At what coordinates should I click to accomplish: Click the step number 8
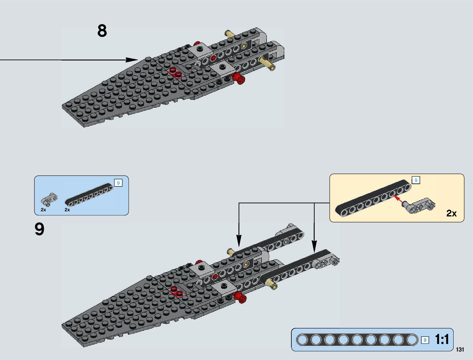(x=102, y=31)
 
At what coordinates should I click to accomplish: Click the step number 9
(x=40, y=229)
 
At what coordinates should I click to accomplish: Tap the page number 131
(x=460, y=350)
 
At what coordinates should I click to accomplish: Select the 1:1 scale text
(x=442, y=339)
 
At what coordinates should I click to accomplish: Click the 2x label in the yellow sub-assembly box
(x=451, y=213)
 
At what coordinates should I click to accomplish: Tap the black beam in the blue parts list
(x=89, y=194)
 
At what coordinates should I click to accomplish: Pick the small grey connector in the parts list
(x=49, y=199)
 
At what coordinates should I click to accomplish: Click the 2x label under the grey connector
(x=44, y=210)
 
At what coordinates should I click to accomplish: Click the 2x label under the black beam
(x=67, y=210)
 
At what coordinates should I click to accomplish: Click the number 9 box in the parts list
(x=118, y=183)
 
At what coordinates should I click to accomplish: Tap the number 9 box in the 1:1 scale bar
(x=425, y=340)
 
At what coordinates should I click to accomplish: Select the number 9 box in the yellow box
(x=416, y=180)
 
